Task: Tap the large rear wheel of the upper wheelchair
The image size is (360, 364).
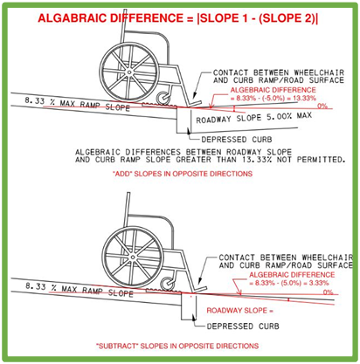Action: pos(129,72)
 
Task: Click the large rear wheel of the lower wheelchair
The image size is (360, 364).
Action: pos(133,257)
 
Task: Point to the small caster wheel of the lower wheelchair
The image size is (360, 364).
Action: pos(169,284)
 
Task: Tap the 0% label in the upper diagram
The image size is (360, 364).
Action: pos(322,106)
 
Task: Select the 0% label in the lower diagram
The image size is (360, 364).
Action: pos(328,292)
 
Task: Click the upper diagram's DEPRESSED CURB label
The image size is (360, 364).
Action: pos(237,140)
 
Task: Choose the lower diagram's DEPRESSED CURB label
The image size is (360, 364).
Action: pos(243,326)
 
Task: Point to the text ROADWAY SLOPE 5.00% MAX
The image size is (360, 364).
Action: pos(253,118)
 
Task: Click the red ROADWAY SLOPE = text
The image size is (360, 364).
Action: pos(240,311)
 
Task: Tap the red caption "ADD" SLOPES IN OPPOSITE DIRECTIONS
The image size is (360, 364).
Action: pos(183,174)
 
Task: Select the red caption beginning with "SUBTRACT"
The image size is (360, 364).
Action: pos(177,346)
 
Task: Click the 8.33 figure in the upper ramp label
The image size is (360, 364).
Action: pos(35,100)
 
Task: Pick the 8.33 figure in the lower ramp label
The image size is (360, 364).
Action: pos(36,286)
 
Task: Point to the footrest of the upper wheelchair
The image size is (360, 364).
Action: pos(195,103)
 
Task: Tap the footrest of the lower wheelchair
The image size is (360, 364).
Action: pos(200,289)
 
